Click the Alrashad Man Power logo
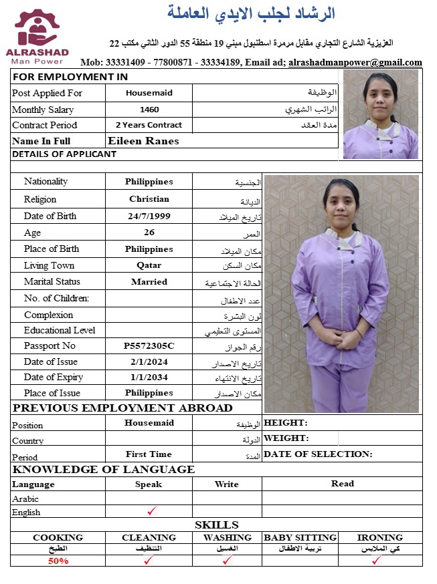(41, 37)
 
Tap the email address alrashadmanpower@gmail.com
(355, 62)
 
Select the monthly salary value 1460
(149, 110)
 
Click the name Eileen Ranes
(143, 141)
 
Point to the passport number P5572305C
(149, 346)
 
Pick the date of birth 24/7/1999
(149, 216)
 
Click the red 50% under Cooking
(58, 561)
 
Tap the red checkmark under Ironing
(377, 560)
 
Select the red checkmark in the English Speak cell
(152, 511)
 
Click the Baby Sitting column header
(300, 537)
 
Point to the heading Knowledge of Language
(104, 470)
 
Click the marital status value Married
(149, 282)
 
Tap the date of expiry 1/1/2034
(149, 378)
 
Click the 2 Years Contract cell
(149, 125)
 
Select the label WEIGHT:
(286, 438)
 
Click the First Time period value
(149, 454)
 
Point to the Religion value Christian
(149, 199)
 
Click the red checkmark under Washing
(227, 560)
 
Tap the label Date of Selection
(318, 454)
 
